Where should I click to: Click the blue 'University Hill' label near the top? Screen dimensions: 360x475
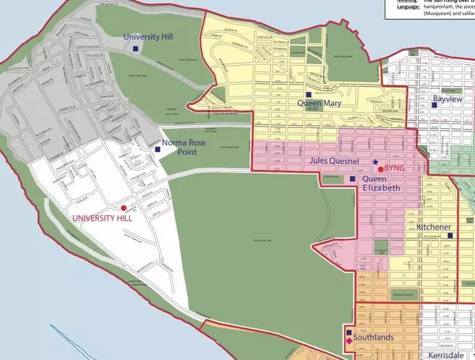(154, 37)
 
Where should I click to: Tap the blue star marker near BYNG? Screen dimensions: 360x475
(375, 161)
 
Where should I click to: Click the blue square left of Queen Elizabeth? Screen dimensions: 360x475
(353, 180)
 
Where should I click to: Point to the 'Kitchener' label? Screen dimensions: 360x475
(434, 228)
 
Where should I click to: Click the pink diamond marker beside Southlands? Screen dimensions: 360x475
(349, 341)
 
